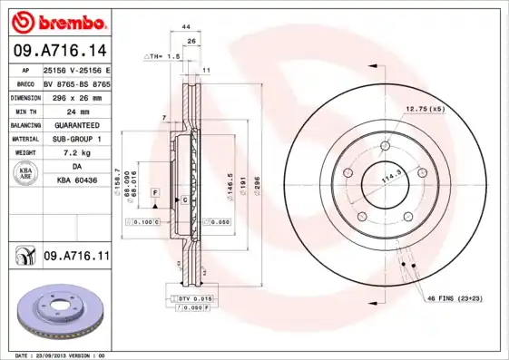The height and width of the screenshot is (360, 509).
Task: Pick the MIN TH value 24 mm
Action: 77,111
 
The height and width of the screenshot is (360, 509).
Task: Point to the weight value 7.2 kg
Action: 77,153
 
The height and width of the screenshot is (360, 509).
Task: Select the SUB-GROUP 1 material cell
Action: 77,139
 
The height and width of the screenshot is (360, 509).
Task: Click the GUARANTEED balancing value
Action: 77,125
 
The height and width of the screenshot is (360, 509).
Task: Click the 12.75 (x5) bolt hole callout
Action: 426,109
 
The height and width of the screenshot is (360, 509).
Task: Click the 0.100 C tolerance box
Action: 145,221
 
